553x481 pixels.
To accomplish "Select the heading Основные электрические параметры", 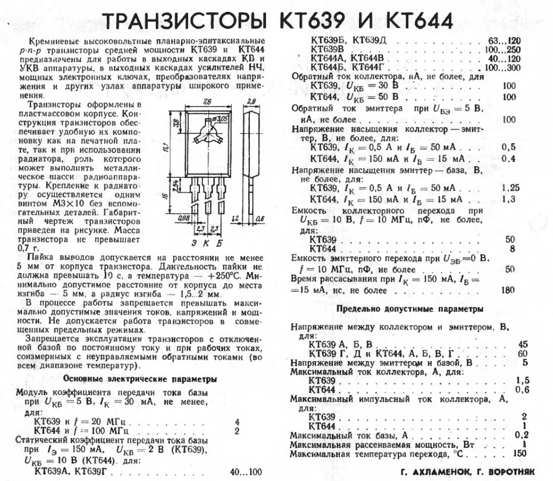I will (x=140, y=379).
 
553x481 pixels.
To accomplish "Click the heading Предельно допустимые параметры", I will (x=410, y=310).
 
